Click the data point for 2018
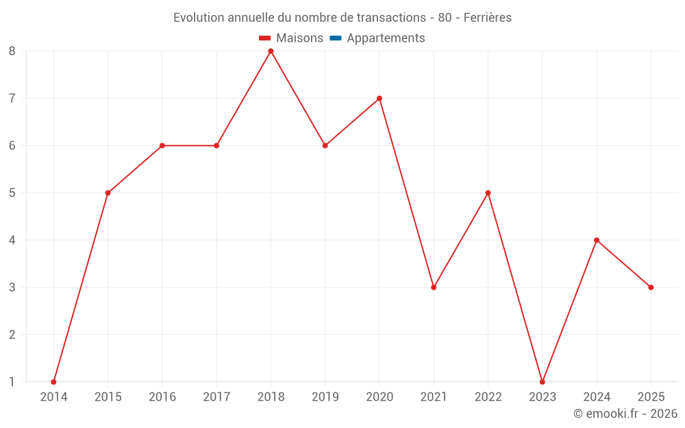(271, 51)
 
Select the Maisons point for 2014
(53, 381)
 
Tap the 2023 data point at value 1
(542, 381)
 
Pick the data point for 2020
(379, 99)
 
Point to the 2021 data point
(434, 288)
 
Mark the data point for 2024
(597, 240)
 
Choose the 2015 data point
(108, 193)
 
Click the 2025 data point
(651, 288)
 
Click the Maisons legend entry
(299, 38)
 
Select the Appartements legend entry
(386, 38)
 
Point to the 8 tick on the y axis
(12, 51)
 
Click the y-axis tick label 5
(12, 193)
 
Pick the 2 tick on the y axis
(12, 335)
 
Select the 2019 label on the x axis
(325, 397)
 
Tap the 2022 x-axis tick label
(488, 397)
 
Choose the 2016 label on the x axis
(162, 397)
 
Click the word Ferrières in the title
(487, 18)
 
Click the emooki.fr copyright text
(625, 414)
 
